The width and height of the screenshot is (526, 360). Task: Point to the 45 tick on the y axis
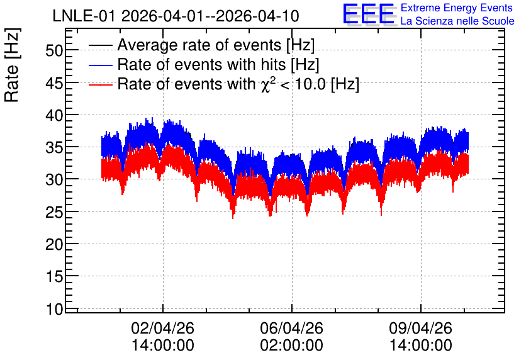[54, 83]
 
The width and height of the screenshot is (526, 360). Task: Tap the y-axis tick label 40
[54, 116]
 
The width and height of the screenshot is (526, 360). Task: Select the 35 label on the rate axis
[54, 148]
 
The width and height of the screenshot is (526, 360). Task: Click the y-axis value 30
[54, 180]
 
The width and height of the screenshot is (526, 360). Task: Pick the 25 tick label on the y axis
[54, 212]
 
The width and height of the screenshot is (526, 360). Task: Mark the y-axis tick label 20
[54, 245]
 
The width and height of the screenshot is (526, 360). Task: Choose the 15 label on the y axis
[54, 277]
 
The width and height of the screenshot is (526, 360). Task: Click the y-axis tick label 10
[54, 309]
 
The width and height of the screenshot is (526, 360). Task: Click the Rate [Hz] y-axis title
[12, 65]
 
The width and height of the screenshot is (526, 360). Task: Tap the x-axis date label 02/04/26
[163, 328]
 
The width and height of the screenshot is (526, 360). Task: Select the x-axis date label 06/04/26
[291, 328]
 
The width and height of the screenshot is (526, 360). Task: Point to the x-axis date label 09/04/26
[421, 328]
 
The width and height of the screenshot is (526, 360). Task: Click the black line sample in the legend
[101, 45]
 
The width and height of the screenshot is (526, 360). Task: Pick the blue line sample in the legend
[101, 65]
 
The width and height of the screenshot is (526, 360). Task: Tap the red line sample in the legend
[101, 84]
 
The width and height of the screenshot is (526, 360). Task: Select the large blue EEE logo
[369, 14]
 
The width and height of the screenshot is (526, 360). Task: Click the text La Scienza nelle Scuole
[457, 21]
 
